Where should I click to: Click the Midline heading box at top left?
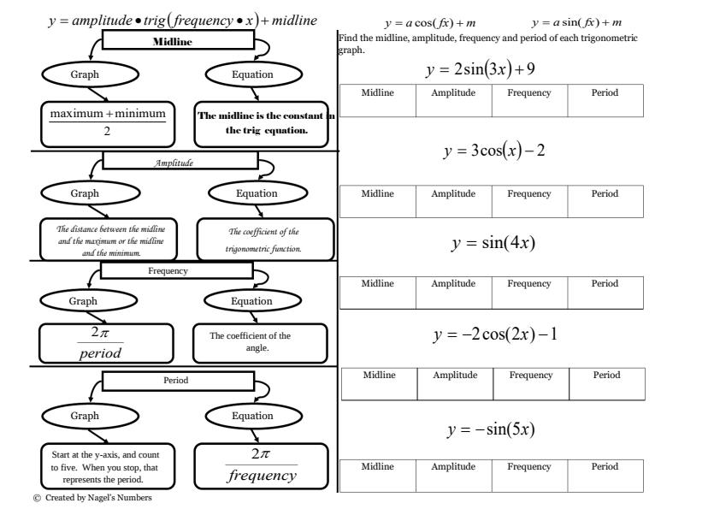(x=178, y=41)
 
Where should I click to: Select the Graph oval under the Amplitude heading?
(x=85, y=193)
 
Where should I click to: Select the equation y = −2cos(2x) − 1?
(x=495, y=334)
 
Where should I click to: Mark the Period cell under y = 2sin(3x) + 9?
(x=605, y=101)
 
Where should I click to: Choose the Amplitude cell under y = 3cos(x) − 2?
(x=453, y=202)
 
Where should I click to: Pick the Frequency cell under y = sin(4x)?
(x=529, y=292)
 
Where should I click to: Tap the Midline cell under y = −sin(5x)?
(x=377, y=475)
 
